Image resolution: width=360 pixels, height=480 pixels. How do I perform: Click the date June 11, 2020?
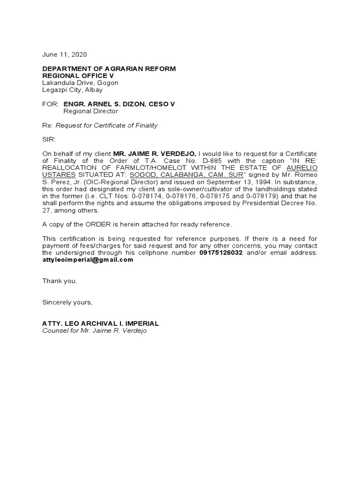(x=65, y=54)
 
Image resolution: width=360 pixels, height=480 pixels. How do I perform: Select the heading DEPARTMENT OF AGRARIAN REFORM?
(x=109, y=69)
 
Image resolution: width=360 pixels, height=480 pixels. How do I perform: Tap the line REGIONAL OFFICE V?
(x=78, y=76)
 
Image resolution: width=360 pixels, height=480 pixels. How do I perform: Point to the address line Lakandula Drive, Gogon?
(x=80, y=83)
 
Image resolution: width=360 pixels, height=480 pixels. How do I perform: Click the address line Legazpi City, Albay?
(x=73, y=90)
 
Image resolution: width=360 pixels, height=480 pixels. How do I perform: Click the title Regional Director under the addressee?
(x=90, y=112)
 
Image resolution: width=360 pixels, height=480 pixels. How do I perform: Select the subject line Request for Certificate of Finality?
(x=107, y=126)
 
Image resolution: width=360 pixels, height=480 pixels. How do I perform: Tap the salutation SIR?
(x=49, y=140)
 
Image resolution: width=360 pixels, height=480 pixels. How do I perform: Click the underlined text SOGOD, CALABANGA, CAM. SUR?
(x=186, y=175)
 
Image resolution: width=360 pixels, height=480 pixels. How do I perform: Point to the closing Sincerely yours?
(x=67, y=302)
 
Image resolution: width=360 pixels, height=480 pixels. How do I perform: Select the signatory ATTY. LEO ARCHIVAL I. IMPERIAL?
(x=101, y=323)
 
